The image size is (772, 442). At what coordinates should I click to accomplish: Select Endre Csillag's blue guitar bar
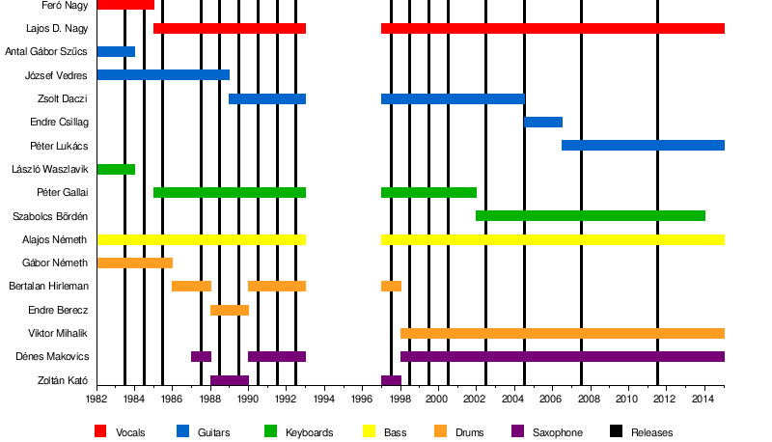tap(543, 122)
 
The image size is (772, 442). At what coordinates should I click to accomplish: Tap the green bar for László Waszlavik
tap(116, 169)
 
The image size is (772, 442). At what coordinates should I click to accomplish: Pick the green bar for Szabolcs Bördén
tap(591, 215)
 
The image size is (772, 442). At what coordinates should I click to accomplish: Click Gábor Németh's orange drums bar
tap(134, 262)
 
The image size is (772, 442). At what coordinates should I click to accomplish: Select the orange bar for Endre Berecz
tap(230, 310)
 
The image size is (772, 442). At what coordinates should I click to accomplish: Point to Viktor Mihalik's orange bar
tap(562, 333)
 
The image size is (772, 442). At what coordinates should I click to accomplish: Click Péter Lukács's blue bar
tap(643, 145)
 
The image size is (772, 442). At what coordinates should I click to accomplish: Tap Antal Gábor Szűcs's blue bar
tap(116, 51)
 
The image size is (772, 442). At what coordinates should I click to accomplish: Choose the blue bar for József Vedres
tap(163, 74)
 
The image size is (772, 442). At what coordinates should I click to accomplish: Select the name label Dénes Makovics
tap(57, 357)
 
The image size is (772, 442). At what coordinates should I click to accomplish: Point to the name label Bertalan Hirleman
tap(48, 287)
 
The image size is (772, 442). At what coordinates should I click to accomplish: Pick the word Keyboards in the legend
tap(309, 432)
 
